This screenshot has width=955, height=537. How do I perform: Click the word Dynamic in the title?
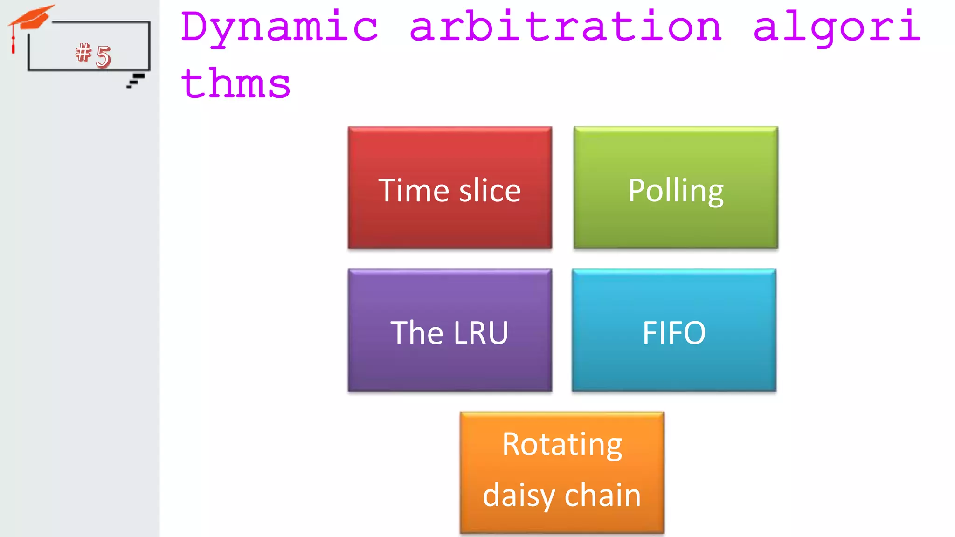279,27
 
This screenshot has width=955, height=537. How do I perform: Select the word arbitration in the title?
566,27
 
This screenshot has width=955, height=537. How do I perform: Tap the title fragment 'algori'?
837,27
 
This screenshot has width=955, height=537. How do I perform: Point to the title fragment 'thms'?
236,84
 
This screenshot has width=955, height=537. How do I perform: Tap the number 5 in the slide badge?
103,56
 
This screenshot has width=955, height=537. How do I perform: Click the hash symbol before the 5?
83,52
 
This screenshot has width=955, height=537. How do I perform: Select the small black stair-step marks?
136,80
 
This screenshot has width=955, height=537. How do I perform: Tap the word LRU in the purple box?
480,333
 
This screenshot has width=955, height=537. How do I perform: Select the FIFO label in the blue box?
674,333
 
